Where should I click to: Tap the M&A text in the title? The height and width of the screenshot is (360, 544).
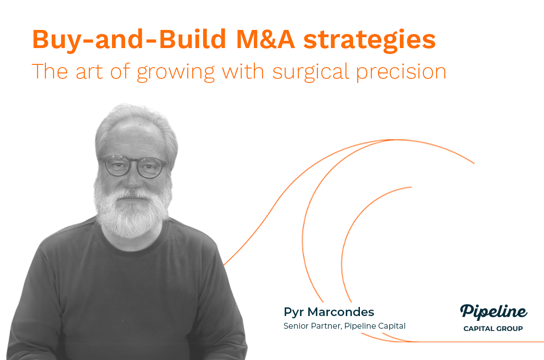[266, 39]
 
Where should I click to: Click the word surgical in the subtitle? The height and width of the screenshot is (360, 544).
[311, 72]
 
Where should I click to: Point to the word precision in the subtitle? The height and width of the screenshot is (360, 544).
[401, 72]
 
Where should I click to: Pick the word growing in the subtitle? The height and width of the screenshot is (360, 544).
[176, 73]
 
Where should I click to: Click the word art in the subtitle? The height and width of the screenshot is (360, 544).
[89, 72]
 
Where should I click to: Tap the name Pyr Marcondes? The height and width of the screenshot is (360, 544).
[329, 312]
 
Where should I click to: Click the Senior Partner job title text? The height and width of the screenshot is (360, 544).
[313, 326]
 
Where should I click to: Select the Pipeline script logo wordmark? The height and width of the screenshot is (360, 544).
[494, 312]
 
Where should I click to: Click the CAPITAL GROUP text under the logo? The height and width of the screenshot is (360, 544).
[493, 329]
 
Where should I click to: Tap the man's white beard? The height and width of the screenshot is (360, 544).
[131, 211]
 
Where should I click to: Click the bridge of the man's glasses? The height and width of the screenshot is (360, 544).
[133, 162]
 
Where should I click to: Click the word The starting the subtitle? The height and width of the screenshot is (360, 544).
[50, 71]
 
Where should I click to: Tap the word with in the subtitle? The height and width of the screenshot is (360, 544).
[243, 71]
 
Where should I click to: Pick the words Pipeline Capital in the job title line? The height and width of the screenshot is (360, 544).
[375, 326]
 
